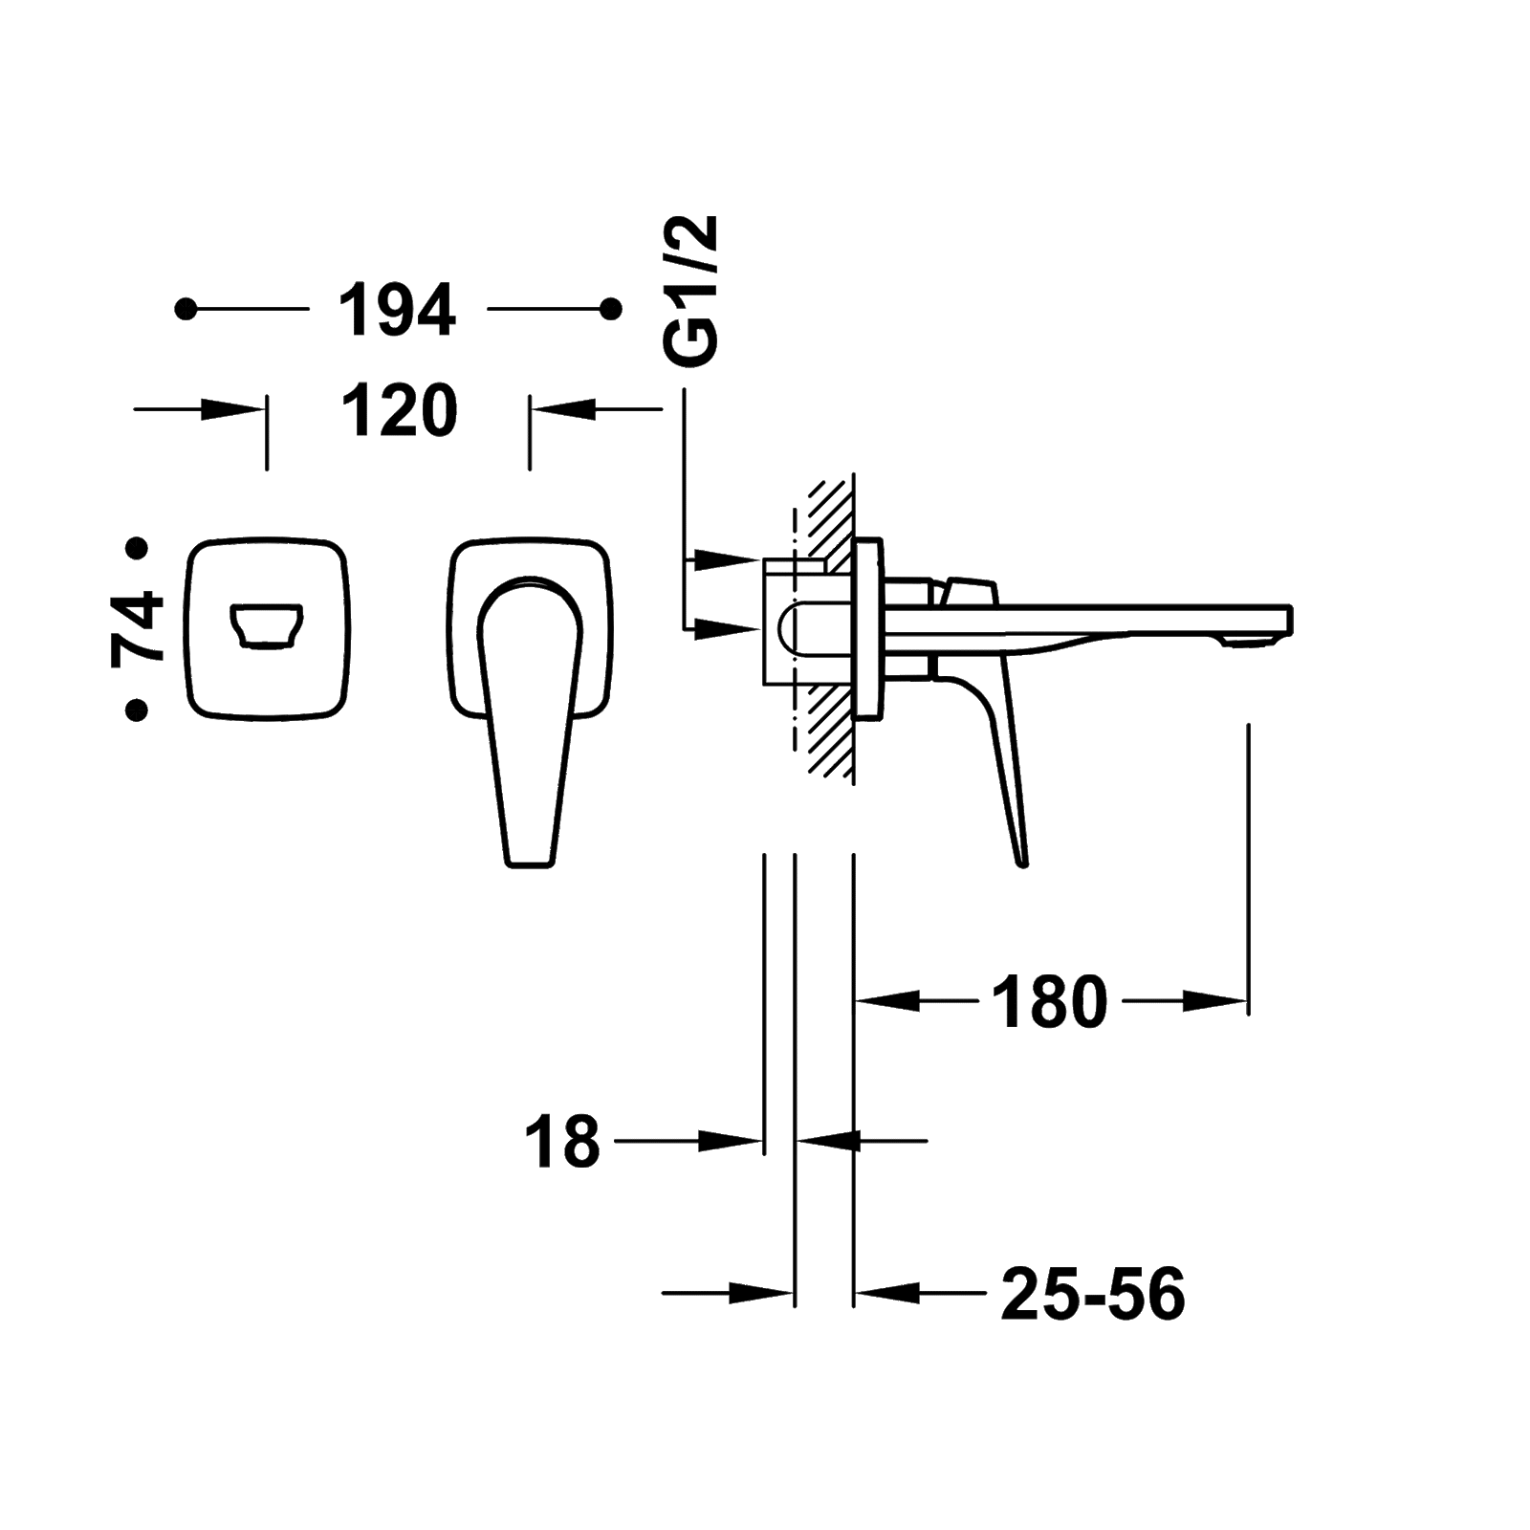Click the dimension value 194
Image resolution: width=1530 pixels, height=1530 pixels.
pos(397,310)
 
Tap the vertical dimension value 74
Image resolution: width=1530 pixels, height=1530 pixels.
pos(137,628)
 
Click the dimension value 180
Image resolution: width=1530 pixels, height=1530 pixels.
pos(1049,1002)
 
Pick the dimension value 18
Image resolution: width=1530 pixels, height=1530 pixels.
pos(562,1141)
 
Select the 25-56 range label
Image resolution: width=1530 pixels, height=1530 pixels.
pos(1093,1295)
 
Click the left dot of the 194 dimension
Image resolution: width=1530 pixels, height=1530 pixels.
pos(186,309)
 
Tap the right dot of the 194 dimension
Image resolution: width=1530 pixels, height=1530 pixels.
pos(611,309)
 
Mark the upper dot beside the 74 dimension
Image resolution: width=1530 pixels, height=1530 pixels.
pos(138,548)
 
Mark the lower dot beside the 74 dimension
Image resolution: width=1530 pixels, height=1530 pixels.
pos(138,710)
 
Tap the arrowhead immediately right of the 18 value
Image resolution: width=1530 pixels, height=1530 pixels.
pos(732,1141)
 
